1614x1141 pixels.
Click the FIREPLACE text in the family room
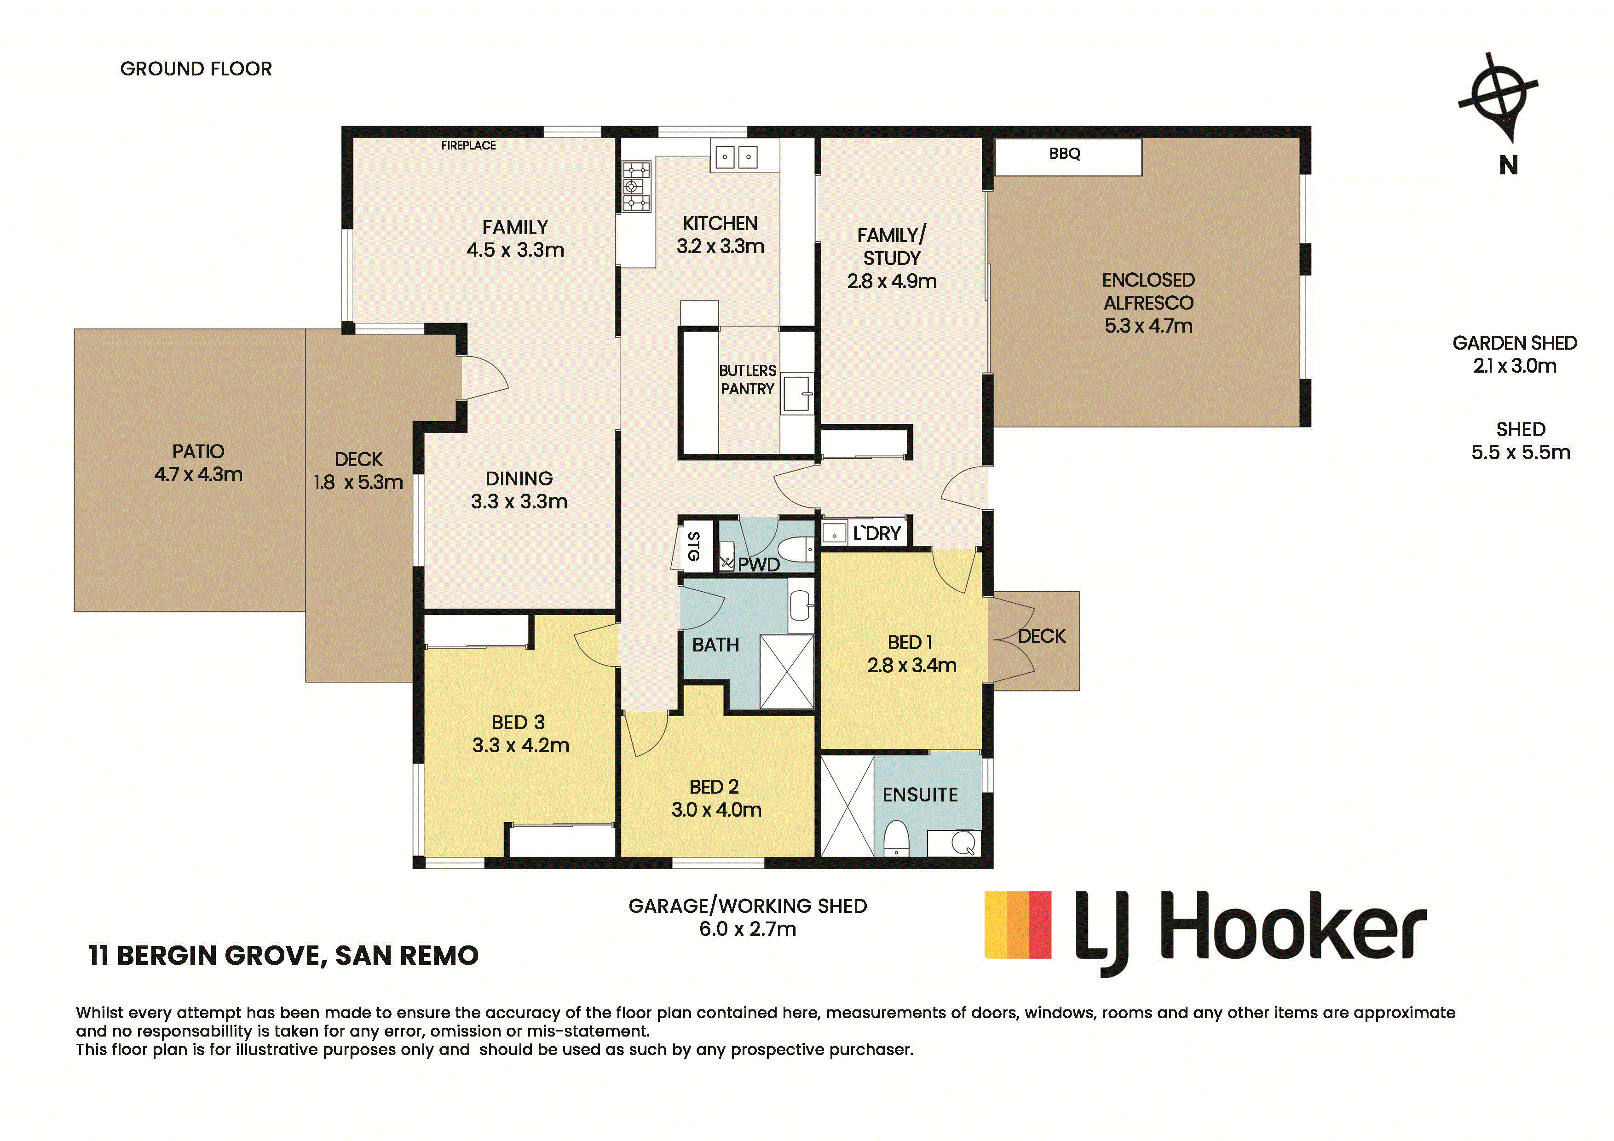coord(468,145)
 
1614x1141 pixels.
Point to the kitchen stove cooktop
coord(637,187)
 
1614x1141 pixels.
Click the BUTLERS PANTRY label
coord(747,380)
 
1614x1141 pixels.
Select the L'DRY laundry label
coord(876,534)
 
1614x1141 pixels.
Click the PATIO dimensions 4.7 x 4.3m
coord(198,474)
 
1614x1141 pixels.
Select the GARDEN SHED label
coord(1515,343)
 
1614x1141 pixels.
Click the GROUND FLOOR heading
coord(196,69)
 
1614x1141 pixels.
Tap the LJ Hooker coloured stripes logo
coord(1018,924)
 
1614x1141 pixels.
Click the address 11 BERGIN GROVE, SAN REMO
coord(284,956)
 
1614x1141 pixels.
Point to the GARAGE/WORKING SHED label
coord(747,906)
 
